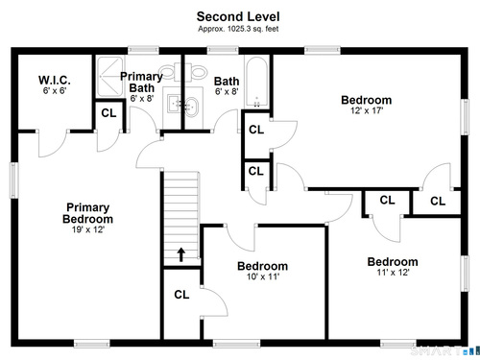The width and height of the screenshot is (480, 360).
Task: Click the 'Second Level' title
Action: pos(238,16)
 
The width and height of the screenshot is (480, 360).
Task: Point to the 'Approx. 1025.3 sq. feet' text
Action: pos(238,29)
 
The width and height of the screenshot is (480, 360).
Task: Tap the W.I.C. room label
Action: pos(55,80)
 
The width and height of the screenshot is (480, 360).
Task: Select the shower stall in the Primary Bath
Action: pos(109,77)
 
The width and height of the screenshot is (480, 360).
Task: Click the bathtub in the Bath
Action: pos(256,82)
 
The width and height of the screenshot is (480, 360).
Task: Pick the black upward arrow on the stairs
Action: pos(181,254)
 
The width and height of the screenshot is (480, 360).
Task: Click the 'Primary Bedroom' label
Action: pos(87,213)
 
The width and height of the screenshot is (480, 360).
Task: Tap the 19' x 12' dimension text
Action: pos(88,229)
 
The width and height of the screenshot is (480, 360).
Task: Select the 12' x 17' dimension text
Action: pos(367,110)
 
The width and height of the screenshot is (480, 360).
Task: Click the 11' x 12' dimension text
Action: pos(393,273)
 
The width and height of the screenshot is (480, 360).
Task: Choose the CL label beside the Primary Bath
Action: pos(108,113)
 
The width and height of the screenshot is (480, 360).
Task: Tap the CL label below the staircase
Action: pos(181,295)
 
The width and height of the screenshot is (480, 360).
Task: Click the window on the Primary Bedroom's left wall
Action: pos(13,180)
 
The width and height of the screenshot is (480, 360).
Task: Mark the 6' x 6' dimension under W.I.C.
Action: pos(55,91)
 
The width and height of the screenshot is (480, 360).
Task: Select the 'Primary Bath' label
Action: pos(141,82)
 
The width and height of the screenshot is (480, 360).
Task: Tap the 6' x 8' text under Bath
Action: pos(227,92)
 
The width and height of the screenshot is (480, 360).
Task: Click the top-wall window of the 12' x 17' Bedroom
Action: pos(322,50)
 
